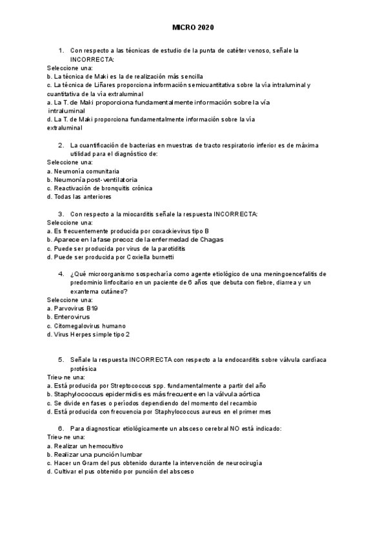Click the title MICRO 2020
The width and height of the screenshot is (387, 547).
coord(193,28)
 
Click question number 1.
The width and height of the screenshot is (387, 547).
coord(61,50)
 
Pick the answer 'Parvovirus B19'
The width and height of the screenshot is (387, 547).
coord(73,308)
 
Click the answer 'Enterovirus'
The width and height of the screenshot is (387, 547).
coord(68,317)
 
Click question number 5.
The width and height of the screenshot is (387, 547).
coord(61,359)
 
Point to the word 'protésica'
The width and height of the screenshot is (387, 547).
coord(83,368)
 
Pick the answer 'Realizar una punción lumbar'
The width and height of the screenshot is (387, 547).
coord(90,454)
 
